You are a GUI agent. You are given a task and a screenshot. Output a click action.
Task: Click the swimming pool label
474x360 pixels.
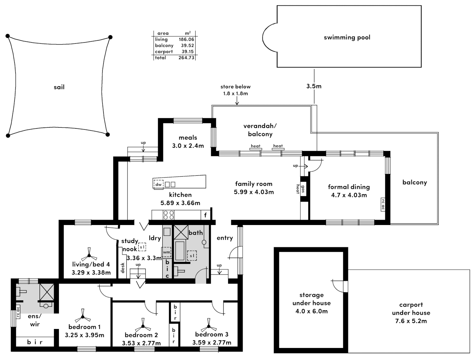(x=347, y=37)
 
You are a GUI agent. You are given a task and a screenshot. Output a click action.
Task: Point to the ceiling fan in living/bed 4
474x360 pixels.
(x=89, y=255)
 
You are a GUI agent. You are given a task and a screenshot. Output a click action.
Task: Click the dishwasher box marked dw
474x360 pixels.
(x=158, y=184)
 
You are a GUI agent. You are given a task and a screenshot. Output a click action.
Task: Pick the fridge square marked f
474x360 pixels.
(x=205, y=215)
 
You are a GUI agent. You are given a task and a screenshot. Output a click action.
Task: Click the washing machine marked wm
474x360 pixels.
(x=166, y=252)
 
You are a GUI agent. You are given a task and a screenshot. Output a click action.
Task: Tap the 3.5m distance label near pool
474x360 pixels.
(x=314, y=86)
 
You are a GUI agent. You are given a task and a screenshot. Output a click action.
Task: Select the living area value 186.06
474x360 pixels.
(x=186, y=39)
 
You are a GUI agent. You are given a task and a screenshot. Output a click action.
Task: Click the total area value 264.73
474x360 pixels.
(x=186, y=58)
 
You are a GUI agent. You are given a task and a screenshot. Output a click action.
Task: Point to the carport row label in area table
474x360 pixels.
(x=164, y=52)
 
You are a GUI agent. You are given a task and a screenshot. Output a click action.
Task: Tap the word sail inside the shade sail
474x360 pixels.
(x=59, y=87)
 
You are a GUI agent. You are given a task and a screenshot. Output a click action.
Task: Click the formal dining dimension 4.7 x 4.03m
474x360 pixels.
(x=349, y=195)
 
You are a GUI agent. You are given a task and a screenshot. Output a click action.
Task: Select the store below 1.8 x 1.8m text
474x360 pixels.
(x=235, y=90)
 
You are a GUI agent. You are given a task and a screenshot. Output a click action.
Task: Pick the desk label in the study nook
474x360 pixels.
(x=123, y=268)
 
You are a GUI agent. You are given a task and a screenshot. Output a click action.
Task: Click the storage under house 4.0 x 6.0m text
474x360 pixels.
(x=311, y=303)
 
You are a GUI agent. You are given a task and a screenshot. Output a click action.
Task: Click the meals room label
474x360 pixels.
(x=188, y=137)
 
